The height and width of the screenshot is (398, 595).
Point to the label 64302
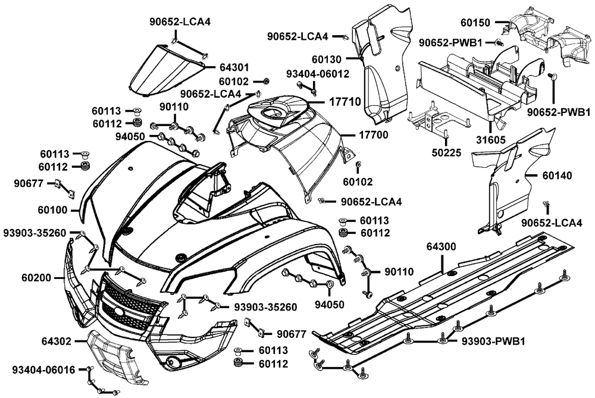(x=57, y=342)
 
